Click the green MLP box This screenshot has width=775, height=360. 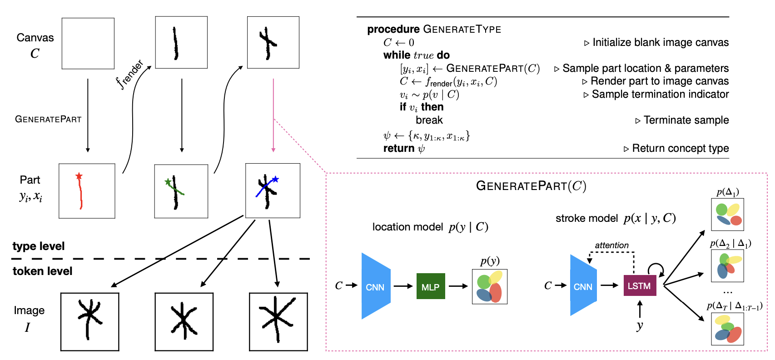click(x=430, y=286)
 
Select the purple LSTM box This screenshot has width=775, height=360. click(x=639, y=286)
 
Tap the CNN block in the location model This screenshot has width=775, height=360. click(x=376, y=286)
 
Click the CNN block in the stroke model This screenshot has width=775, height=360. click(x=583, y=286)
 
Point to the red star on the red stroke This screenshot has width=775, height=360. click(x=79, y=176)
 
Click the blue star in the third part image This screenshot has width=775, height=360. click(x=275, y=179)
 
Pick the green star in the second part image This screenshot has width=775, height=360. click(x=168, y=182)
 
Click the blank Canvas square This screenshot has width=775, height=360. click(x=88, y=44)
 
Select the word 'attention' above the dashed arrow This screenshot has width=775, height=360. click(x=611, y=245)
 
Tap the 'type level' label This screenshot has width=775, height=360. click(x=39, y=246)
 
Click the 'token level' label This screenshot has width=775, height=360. click(x=42, y=271)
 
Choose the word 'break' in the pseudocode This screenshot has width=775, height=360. click(x=429, y=120)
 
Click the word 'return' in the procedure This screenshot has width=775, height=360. click(x=398, y=149)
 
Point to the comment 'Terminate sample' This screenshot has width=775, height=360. click(x=686, y=120)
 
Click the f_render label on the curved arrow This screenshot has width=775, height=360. click(x=129, y=74)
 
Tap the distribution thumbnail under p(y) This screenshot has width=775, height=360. click(x=489, y=287)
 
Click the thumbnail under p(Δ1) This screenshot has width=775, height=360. click(x=727, y=215)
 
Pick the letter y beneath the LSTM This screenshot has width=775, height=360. click(x=640, y=325)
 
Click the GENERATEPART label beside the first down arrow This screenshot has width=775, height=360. click(x=48, y=119)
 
